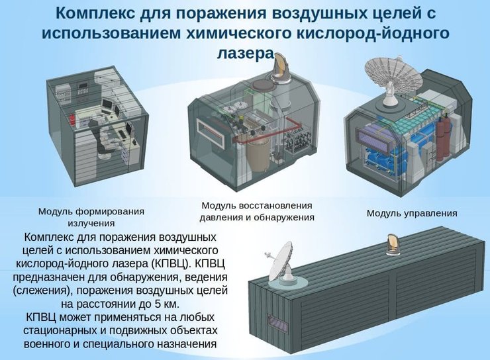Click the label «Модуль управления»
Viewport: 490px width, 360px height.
[411, 213]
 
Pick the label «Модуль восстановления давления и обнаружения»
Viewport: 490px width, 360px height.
[257, 211]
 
